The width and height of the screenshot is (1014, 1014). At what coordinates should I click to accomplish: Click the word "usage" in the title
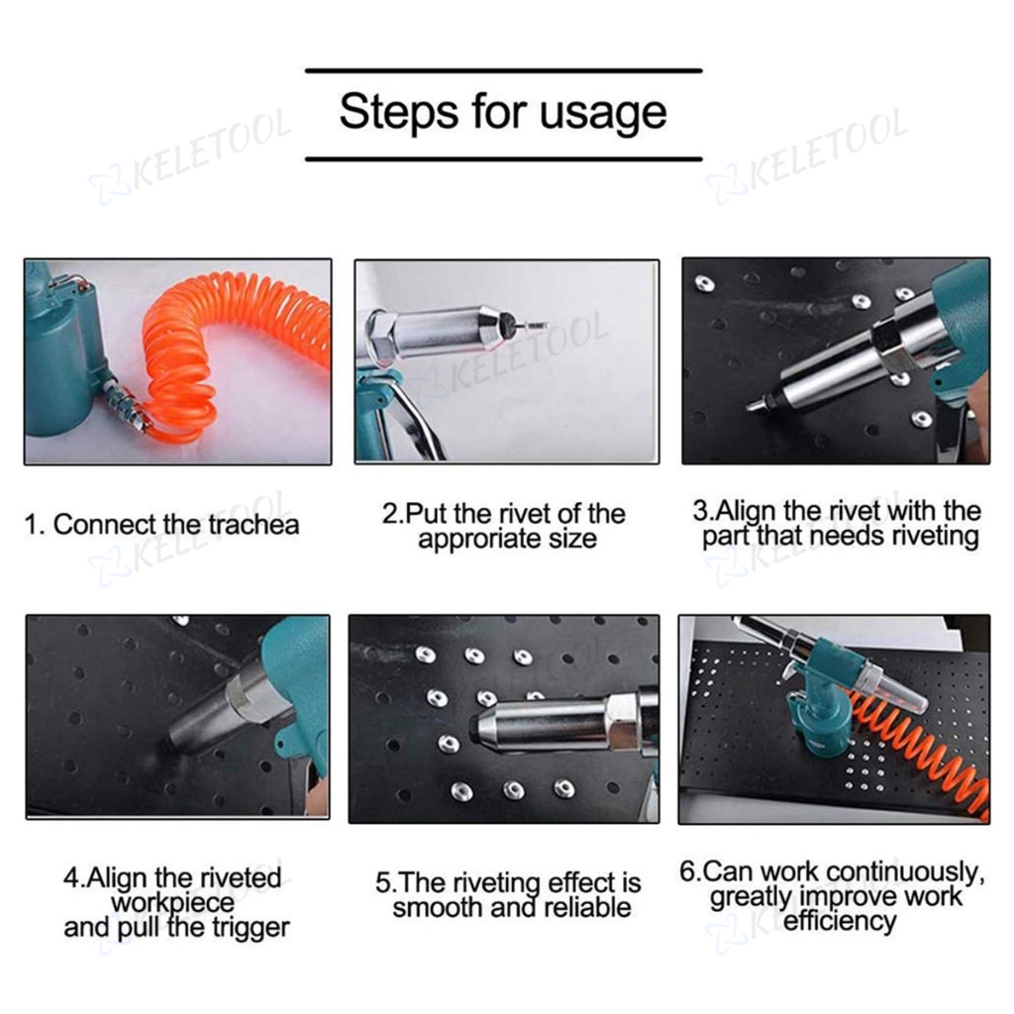point(603,113)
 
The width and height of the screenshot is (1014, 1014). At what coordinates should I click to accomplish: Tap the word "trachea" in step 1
point(254,525)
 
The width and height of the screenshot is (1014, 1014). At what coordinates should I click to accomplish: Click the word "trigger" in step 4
point(249,928)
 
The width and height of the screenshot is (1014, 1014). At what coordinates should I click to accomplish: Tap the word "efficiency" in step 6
point(840,921)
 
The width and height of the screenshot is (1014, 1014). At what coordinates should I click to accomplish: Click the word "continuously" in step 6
point(906,872)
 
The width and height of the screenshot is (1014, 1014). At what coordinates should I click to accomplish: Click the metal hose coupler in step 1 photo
point(129,405)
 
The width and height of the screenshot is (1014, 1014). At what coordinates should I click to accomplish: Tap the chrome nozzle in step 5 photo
point(544,722)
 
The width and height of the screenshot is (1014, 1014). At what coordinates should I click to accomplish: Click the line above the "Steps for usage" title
point(504,70)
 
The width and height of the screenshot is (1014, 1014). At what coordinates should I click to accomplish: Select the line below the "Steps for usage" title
point(504,158)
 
